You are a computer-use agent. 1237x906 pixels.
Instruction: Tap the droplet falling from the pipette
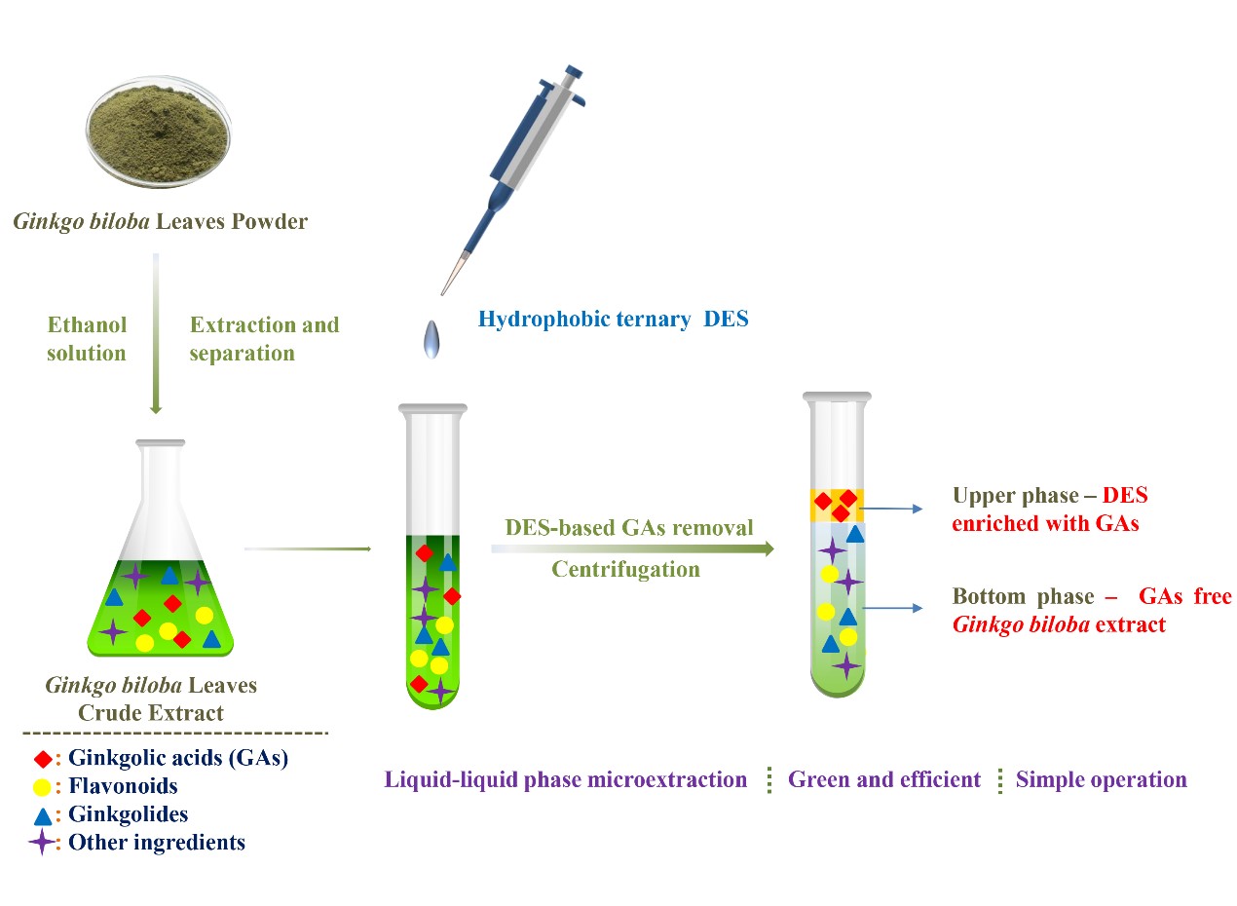pos(431,338)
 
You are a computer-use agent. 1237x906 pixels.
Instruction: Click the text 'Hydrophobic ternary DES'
pos(613,319)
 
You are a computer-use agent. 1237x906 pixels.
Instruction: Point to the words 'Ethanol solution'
pos(88,338)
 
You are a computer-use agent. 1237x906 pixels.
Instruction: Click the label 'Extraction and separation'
pos(264,338)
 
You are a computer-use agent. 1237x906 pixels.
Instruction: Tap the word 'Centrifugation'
pos(625,569)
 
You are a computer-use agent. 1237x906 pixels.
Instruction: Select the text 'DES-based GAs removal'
pos(629,528)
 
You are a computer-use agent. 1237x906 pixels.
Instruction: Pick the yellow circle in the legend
pos(42,786)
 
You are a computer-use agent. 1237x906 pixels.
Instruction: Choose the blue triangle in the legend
pos(43,814)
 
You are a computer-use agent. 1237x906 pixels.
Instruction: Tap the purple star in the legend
pos(42,842)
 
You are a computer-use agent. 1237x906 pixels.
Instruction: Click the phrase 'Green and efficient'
pos(883,779)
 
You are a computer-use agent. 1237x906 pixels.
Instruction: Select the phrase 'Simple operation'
pos(1101,779)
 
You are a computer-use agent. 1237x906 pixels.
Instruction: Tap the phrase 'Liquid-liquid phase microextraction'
pos(566,779)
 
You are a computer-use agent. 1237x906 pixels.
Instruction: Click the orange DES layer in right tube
pos(836,505)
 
